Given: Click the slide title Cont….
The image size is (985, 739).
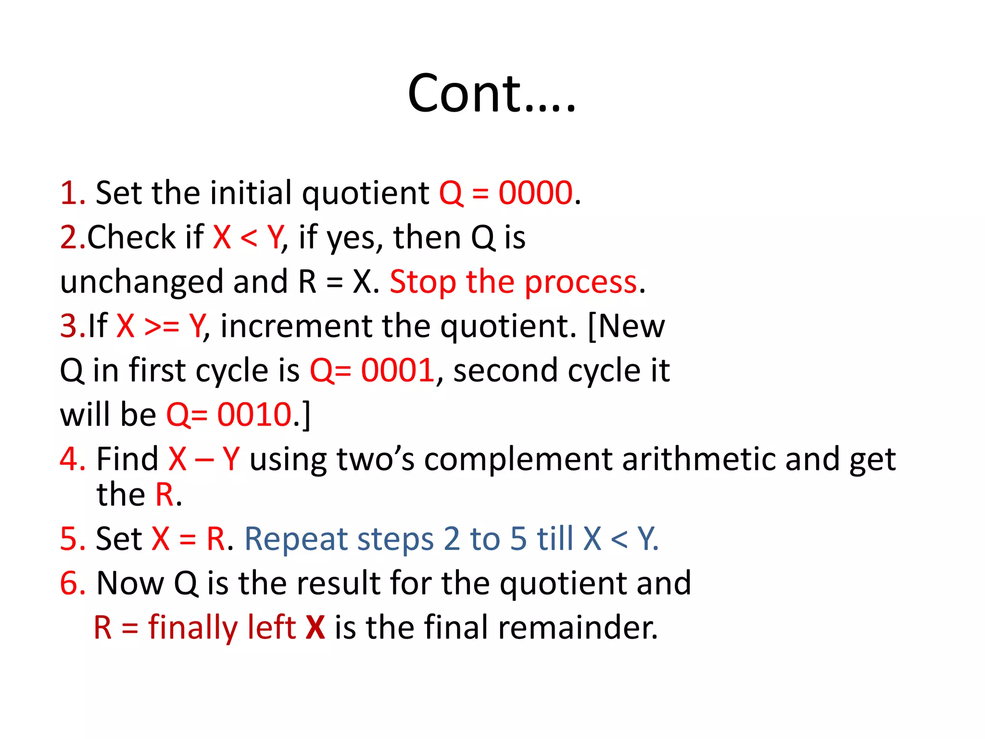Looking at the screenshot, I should pos(492,93).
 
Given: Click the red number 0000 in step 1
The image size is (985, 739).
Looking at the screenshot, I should pos(535,193).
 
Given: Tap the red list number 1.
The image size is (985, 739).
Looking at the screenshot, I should pos(70,193).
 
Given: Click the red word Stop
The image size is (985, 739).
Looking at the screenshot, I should pos(422,282).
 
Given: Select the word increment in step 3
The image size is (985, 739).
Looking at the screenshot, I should pos(296,326).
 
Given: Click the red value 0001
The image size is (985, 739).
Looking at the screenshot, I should pos(398,370).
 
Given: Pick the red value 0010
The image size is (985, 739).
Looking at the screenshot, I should pos(254,415).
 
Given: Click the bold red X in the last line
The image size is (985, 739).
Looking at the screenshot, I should pos(315,627).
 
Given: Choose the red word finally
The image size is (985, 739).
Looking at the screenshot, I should pos(192,628).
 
